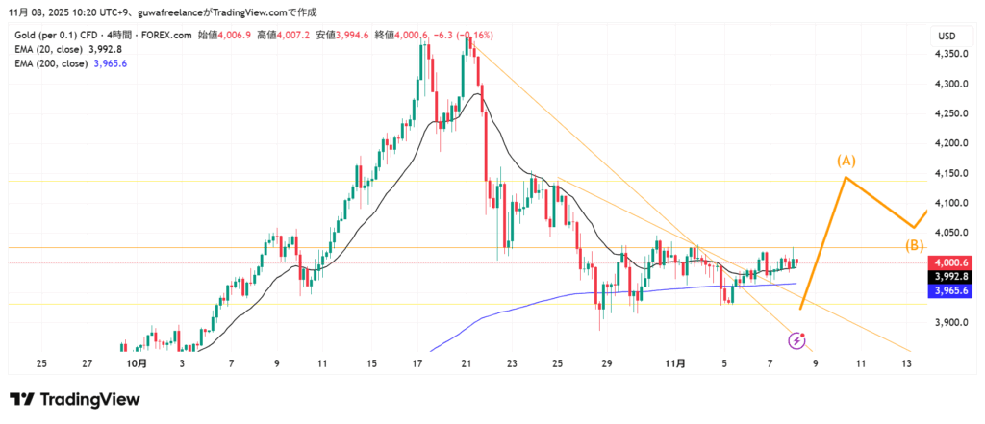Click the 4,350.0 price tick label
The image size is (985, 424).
point(950,54)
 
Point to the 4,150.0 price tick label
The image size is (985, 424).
point(950,173)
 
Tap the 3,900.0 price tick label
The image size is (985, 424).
point(950,323)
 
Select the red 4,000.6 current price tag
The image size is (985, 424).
point(950,262)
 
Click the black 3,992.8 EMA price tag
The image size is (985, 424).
point(950,275)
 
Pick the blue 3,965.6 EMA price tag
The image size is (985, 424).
point(950,289)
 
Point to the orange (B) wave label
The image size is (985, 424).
point(914,245)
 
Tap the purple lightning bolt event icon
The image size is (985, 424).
point(796,339)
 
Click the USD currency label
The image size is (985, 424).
point(946,36)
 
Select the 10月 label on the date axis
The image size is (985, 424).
point(137,364)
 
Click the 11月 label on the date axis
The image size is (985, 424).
point(676,364)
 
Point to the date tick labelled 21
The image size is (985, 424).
point(466,364)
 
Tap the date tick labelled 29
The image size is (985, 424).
point(607,364)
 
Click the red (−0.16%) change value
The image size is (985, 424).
point(471,36)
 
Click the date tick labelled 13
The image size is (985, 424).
point(905,364)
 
